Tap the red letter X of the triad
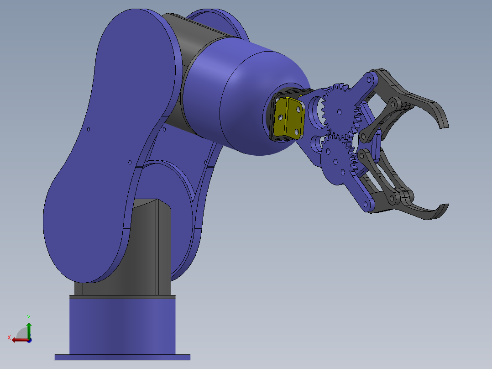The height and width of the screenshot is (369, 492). pyautogui.click(x=9, y=337)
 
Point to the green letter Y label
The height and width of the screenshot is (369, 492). pyautogui.click(x=29, y=317)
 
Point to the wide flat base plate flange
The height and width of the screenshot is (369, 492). pyautogui.click(x=122, y=357)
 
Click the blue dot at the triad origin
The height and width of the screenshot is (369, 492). pyautogui.click(x=29, y=340)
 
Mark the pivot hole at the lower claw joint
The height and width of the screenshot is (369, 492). pyautogui.click(x=392, y=199)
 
